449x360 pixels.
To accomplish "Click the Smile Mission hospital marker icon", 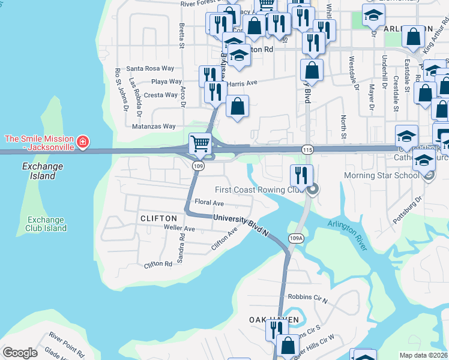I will [83, 143].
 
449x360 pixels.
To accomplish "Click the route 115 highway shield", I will [307, 148].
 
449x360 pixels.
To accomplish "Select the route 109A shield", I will [295, 238].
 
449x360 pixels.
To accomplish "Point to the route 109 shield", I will [197, 165].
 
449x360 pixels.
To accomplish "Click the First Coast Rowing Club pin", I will [312, 190].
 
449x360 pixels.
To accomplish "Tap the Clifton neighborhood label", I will [158, 218].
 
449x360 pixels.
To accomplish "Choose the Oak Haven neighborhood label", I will [274, 320].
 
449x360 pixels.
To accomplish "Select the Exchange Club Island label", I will [46, 223].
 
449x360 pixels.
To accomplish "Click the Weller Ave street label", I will [180, 229].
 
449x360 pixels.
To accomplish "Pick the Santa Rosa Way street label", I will [150, 69].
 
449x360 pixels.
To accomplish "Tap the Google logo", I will [20, 353].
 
